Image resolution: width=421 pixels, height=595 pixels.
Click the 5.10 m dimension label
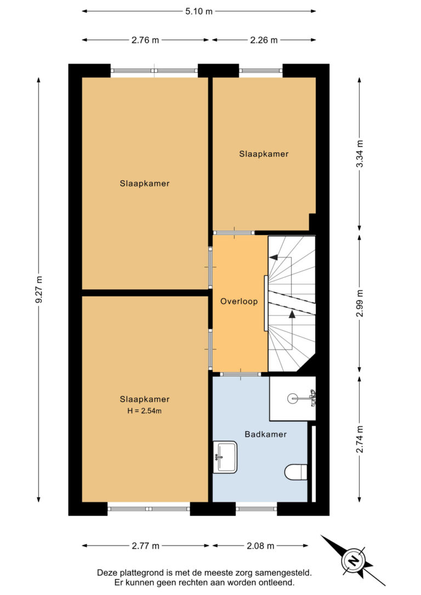(198, 12)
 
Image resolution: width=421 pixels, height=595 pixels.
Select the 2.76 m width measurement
(145, 40)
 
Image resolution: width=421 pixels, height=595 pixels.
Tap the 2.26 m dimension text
(264, 40)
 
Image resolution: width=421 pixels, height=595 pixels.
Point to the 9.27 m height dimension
(39, 290)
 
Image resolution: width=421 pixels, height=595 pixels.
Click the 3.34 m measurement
(360, 154)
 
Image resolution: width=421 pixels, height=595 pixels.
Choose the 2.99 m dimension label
(360, 303)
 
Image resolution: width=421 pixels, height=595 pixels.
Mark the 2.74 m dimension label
(360, 439)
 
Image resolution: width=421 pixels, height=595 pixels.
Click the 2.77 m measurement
(145, 546)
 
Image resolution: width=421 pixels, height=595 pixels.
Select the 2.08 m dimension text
(260, 546)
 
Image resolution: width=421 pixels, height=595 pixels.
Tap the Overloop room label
(239, 301)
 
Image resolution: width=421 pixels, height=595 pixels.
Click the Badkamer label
(265, 434)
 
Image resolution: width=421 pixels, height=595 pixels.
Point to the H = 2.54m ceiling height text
(144, 410)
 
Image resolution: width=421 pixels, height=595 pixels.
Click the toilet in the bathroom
(295, 472)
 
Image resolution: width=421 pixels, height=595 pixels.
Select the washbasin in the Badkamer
(225, 457)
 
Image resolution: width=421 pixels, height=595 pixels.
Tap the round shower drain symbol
(292, 398)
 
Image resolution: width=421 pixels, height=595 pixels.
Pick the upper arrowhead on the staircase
(274, 258)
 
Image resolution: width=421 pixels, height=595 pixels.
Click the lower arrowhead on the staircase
(292, 314)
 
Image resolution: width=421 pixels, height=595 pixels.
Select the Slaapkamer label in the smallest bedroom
(264, 154)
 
